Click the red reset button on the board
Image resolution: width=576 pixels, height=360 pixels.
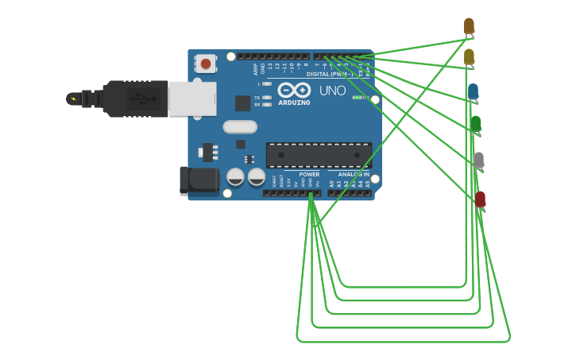(206, 64)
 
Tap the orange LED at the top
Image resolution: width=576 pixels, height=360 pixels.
(469, 26)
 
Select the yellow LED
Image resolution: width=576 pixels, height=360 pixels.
(469, 56)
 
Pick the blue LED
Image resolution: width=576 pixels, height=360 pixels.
(473, 91)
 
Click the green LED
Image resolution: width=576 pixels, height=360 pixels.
(475, 123)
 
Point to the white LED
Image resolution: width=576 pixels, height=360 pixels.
(477, 160)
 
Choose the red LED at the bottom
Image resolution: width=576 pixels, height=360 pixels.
(480, 199)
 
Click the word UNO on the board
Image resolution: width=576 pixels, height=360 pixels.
(332, 91)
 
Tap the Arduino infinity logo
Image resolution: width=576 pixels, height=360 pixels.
(294, 90)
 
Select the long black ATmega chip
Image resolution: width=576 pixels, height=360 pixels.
(319, 155)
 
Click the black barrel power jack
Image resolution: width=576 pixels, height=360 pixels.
(199, 180)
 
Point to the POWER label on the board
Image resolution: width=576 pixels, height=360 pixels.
(309, 174)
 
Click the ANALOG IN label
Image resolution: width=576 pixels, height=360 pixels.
(353, 174)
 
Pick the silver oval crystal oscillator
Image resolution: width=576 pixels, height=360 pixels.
(240, 126)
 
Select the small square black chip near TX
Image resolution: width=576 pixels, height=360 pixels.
(242, 103)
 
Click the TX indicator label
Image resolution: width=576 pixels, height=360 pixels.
(257, 98)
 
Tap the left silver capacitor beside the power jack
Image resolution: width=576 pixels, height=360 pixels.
(235, 176)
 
